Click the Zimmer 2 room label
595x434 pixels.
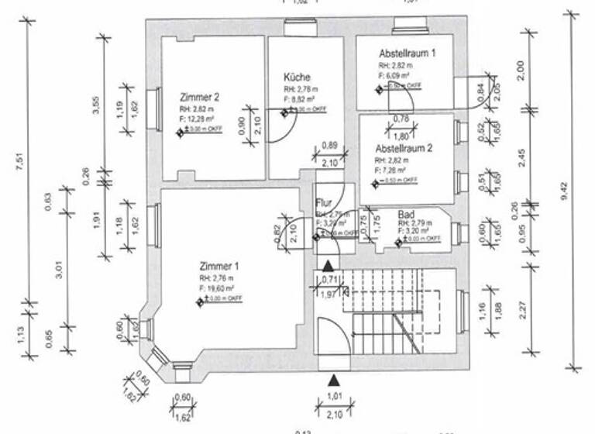click(x=199, y=98)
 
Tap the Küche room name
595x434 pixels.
click(x=297, y=77)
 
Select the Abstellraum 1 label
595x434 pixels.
click(x=407, y=53)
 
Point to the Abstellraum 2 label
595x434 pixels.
click(x=404, y=146)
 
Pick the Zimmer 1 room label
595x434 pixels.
click(x=219, y=263)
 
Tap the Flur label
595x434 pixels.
click(x=324, y=203)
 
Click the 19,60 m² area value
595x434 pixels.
click(x=221, y=288)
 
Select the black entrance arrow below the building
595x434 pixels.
click(x=333, y=380)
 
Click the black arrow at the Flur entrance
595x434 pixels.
click(x=329, y=265)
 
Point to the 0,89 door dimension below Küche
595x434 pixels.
click(x=328, y=146)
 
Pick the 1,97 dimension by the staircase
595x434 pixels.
click(x=329, y=294)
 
